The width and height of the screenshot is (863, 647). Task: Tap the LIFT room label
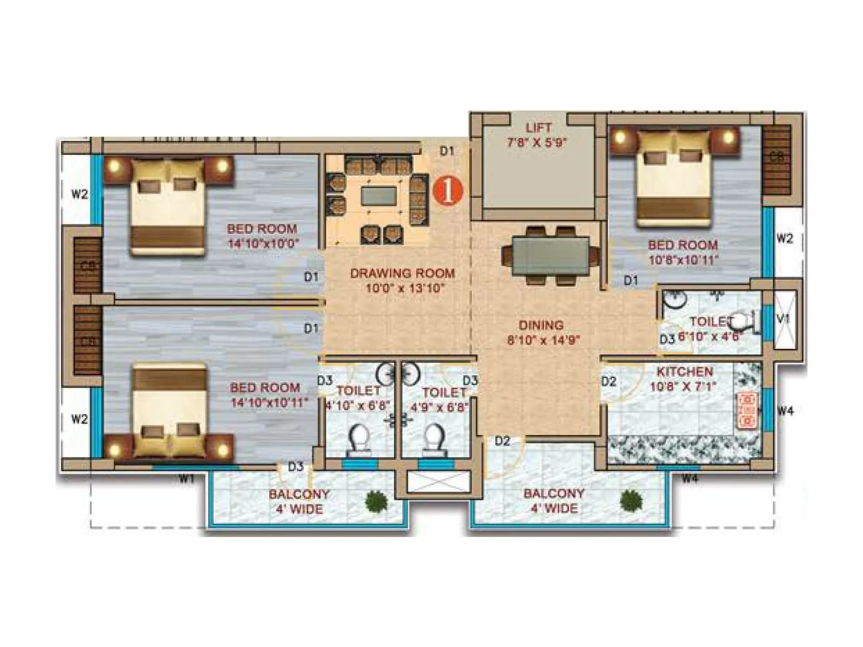[x=538, y=128]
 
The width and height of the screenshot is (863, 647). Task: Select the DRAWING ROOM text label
[x=402, y=273]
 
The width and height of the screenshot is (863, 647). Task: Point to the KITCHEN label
[x=684, y=371]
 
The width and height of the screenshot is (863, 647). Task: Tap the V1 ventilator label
[x=783, y=319]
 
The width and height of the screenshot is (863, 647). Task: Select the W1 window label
[x=187, y=478]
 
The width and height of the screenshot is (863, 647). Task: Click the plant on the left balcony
[x=376, y=501]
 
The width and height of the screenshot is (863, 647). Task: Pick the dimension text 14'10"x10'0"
[x=263, y=243]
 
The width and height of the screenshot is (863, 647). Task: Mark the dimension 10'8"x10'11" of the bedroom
[x=683, y=260]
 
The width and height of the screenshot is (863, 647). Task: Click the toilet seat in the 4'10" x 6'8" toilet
[x=359, y=437]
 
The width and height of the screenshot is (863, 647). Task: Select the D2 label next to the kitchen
[x=608, y=382]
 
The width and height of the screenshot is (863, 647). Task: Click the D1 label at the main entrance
[x=447, y=152]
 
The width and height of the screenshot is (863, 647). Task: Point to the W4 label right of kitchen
[x=785, y=411]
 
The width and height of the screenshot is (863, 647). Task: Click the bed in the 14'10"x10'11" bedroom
[x=170, y=410]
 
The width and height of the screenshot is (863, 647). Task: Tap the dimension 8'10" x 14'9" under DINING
[x=543, y=340]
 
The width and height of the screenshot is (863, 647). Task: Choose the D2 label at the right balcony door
[x=502, y=441]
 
